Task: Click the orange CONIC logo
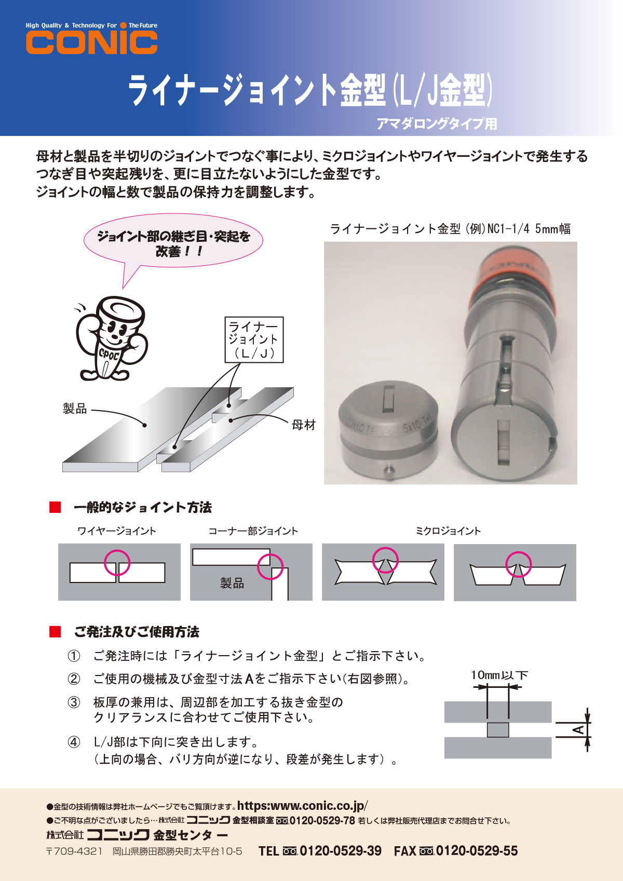tap(91, 42)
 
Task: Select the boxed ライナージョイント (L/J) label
tap(254, 340)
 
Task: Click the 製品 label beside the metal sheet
tap(75, 409)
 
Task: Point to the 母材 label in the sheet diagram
tap(304, 425)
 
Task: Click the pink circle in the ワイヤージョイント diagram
tap(117, 562)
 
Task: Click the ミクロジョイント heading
tap(448, 531)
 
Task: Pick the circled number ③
tap(74, 702)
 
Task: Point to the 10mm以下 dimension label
tap(499, 675)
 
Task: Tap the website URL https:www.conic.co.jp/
tap(302, 805)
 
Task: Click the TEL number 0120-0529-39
tap(340, 851)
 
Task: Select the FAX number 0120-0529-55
tap(476, 851)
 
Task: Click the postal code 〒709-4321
tap(74, 851)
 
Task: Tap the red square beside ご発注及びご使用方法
tap(55, 632)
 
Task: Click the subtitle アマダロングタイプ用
tap(437, 124)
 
